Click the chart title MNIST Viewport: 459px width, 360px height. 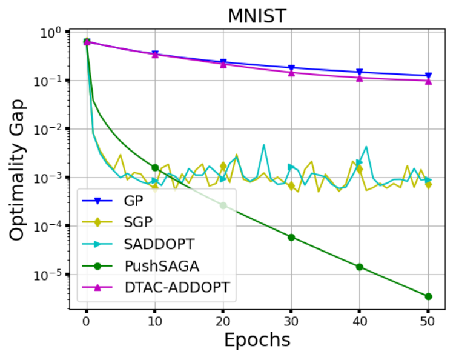[x=257, y=16]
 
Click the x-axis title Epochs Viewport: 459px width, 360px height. [x=257, y=340]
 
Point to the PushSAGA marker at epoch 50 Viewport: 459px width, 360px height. [x=429, y=296]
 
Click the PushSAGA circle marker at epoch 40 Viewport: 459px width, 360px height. [x=360, y=267]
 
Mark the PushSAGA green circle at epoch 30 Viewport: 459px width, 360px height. [x=291, y=237]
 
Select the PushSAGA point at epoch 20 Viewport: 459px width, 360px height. [x=223, y=205]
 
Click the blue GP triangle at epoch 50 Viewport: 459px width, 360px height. [x=429, y=76]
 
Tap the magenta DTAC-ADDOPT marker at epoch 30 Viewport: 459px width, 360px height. [x=291, y=73]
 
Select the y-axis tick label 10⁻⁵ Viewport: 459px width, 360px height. [x=49, y=275]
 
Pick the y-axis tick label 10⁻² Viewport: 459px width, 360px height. [x=49, y=129]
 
